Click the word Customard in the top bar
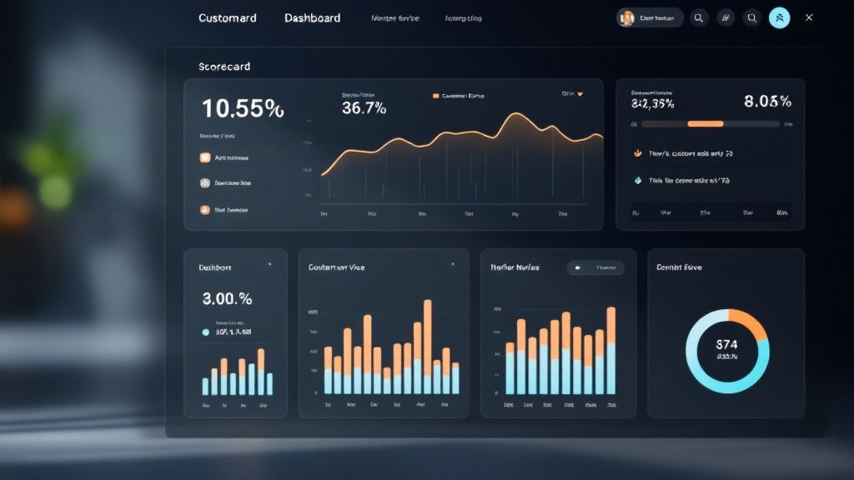pyautogui.click(x=228, y=17)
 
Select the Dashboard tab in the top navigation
pyautogui.click(x=312, y=17)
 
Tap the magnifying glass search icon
pyautogui.click(x=699, y=17)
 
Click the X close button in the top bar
pyautogui.click(x=809, y=17)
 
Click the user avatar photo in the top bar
pyautogui.click(x=627, y=17)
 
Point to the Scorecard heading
pyautogui.click(x=224, y=66)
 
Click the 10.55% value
pyautogui.click(x=243, y=108)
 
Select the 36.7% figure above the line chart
pyautogui.click(x=364, y=108)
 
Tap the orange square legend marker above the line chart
pyautogui.click(x=435, y=96)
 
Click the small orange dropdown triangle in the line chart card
pyautogui.click(x=580, y=94)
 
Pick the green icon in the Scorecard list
pyautogui.click(x=205, y=182)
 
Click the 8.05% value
pyautogui.click(x=767, y=102)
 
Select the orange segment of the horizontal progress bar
pyautogui.click(x=705, y=123)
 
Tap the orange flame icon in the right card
pyautogui.click(x=638, y=153)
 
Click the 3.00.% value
pyautogui.click(x=227, y=297)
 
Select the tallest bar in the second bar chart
pyautogui.click(x=428, y=337)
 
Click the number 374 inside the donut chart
pyautogui.click(x=727, y=343)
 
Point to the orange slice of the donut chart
pyautogui.click(x=751, y=324)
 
